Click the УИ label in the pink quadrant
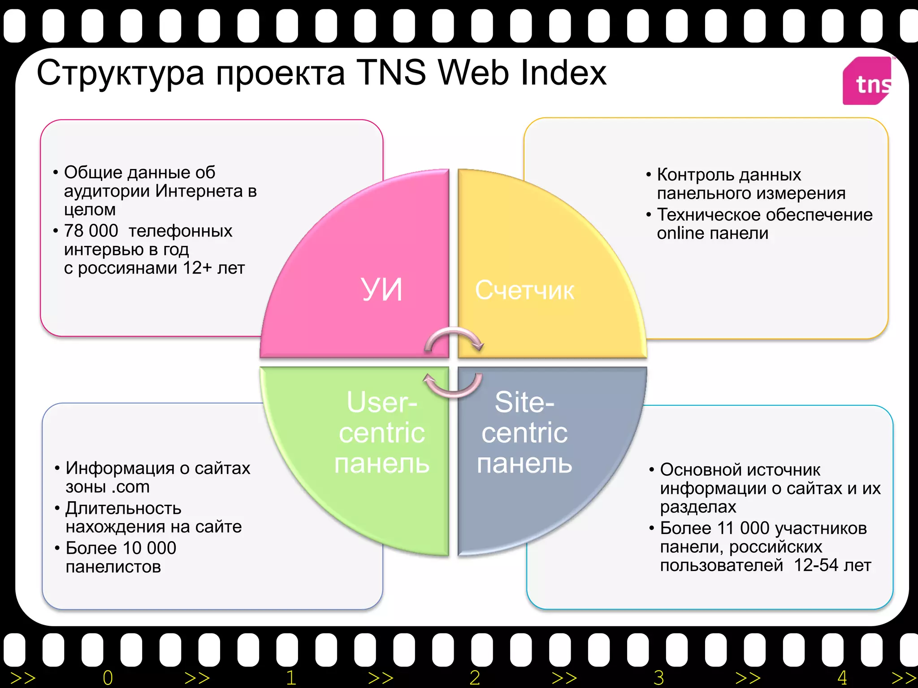pyautogui.click(x=381, y=289)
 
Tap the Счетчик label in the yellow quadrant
pyautogui.click(x=524, y=290)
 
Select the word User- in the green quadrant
pyautogui.click(x=381, y=402)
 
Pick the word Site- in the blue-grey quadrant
pyautogui.click(x=524, y=402)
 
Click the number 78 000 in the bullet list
pyautogui.click(x=91, y=231)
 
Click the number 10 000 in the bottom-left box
pyautogui.click(x=149, y=548)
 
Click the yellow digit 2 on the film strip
pyautogui.click(x=475, y=678)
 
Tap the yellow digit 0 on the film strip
pyautogui.click(x=108, y=678)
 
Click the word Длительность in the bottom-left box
pyautogui.click(x=123, y=508)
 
